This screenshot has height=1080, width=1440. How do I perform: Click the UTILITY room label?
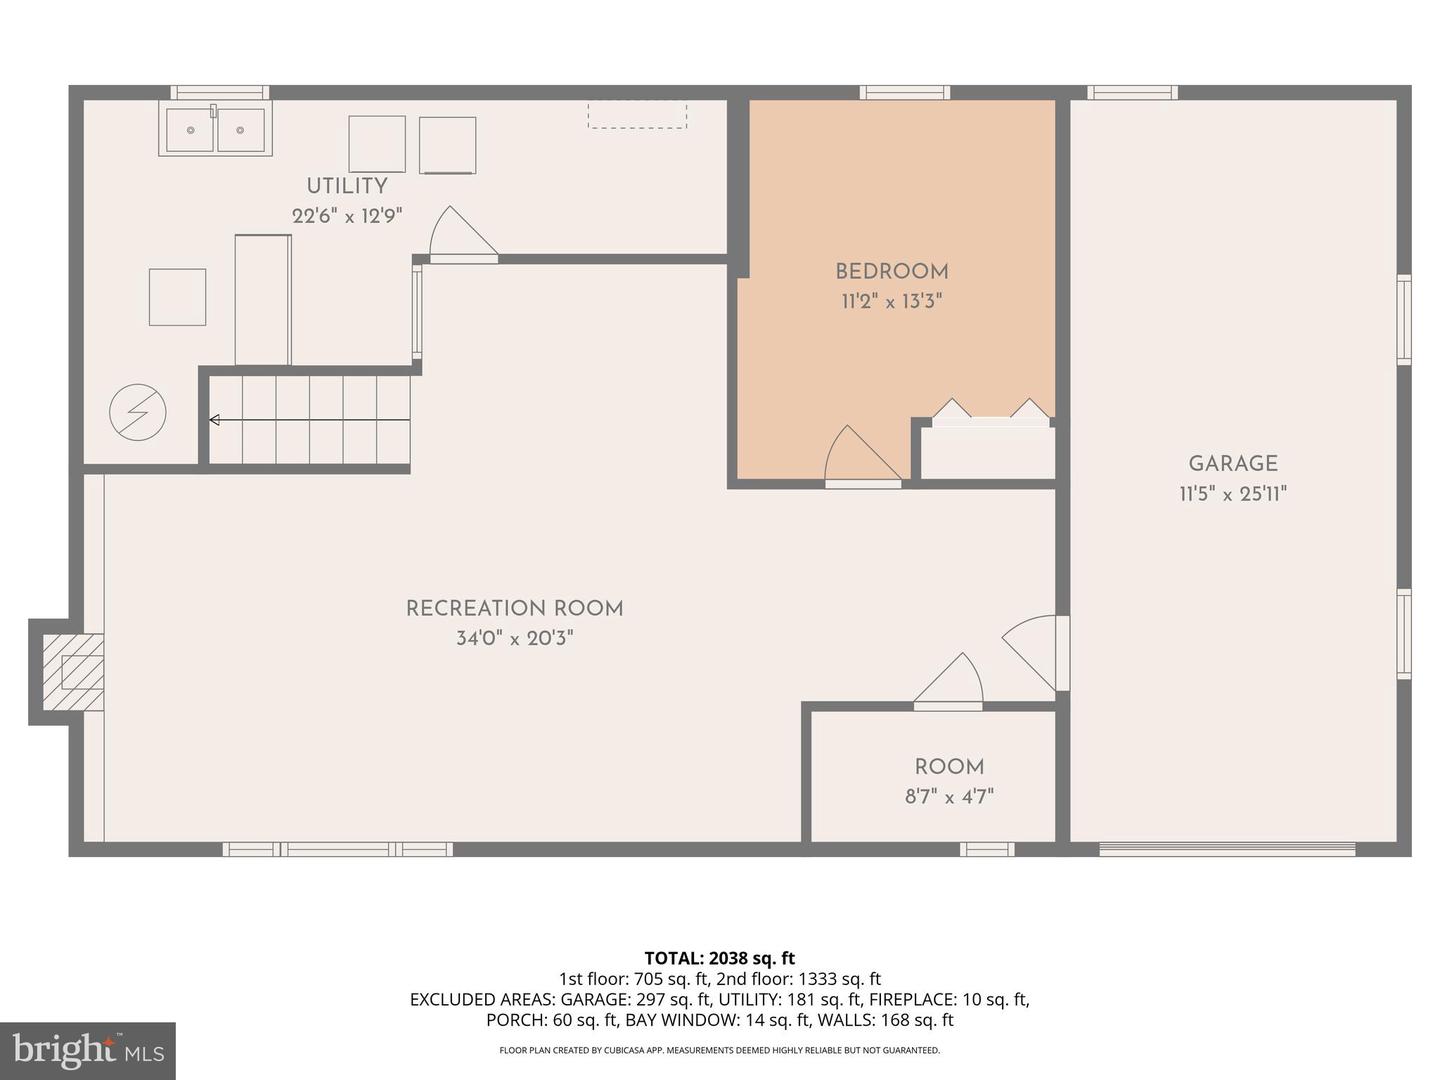pos(346,186)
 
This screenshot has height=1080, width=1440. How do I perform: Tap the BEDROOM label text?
pos(892,271)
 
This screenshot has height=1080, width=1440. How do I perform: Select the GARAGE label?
pos(1233,463)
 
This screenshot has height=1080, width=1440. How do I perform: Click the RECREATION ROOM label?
pos(514,608)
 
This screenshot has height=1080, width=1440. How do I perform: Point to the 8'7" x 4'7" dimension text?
pos(949,797)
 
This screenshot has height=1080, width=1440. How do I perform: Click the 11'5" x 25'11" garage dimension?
pos(1233,493)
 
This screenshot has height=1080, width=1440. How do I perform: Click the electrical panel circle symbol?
pos(138,412)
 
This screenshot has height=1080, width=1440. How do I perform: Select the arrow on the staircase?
pos(214,420)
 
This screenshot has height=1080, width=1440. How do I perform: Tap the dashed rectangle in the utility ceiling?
pos(637,114)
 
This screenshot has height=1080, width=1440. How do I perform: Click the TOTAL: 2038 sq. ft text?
pos(719,958)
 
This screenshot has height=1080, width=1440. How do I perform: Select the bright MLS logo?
pos(88,1050)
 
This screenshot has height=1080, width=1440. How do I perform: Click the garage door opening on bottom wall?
pos(1227,850)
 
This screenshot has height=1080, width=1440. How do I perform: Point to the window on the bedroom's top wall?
pos(905,93)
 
